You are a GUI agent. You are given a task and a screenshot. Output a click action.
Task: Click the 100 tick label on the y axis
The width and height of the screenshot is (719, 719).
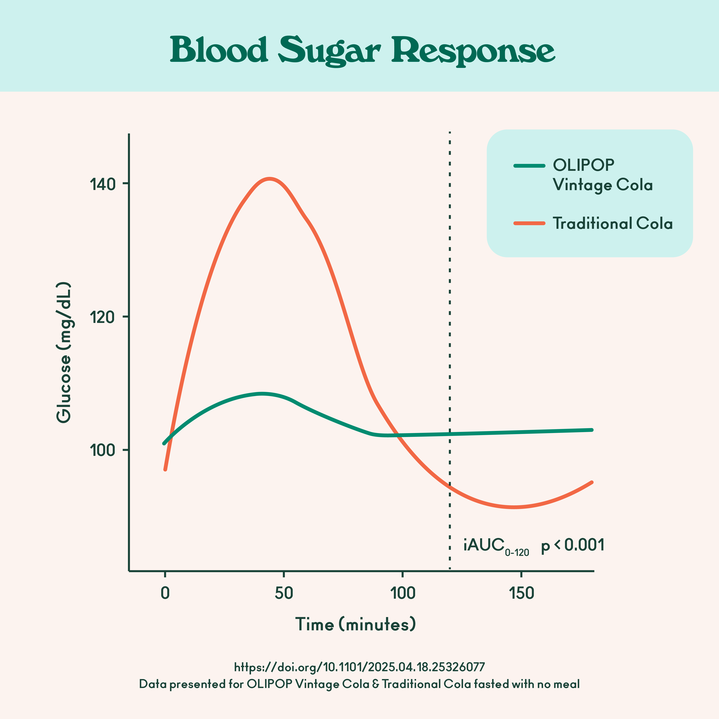102,450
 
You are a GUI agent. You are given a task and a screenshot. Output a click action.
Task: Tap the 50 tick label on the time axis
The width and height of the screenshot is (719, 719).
284,593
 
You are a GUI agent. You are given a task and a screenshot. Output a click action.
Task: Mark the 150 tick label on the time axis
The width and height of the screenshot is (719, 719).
521,593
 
